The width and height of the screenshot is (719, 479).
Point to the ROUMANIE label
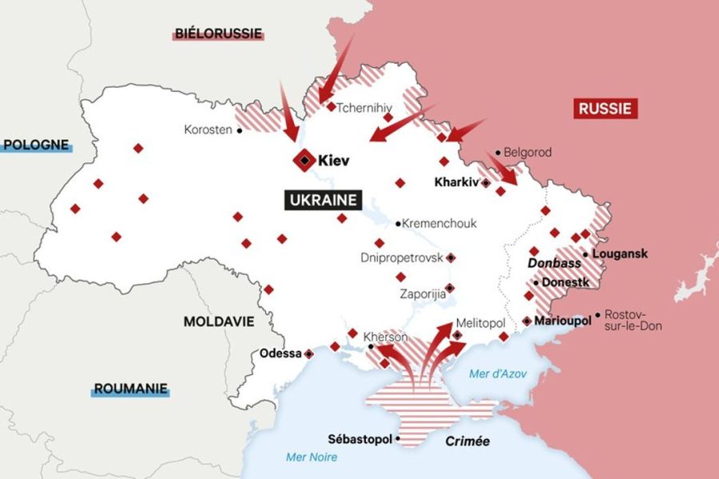tap(131, 390)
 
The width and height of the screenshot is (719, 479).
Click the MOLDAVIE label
tap(219, 321)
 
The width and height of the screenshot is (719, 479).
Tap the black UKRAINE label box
tap(322, 200)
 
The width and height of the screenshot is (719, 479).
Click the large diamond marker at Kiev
tap(304, 161)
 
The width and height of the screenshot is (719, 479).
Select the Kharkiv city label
tap(456, 182)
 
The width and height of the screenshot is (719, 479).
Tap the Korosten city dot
tap(239, 130)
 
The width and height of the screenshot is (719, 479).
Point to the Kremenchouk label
tap(439, 224)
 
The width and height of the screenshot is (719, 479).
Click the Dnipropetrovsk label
tap(401, 258)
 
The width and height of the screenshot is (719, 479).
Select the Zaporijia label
tap(423, 293)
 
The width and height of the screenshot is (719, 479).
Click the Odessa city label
tap(280, 353)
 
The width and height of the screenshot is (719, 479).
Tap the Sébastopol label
tap(360, 439)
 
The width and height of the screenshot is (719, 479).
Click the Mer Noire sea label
tap(312, 457)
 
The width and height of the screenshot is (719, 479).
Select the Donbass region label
tap(554, 263)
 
